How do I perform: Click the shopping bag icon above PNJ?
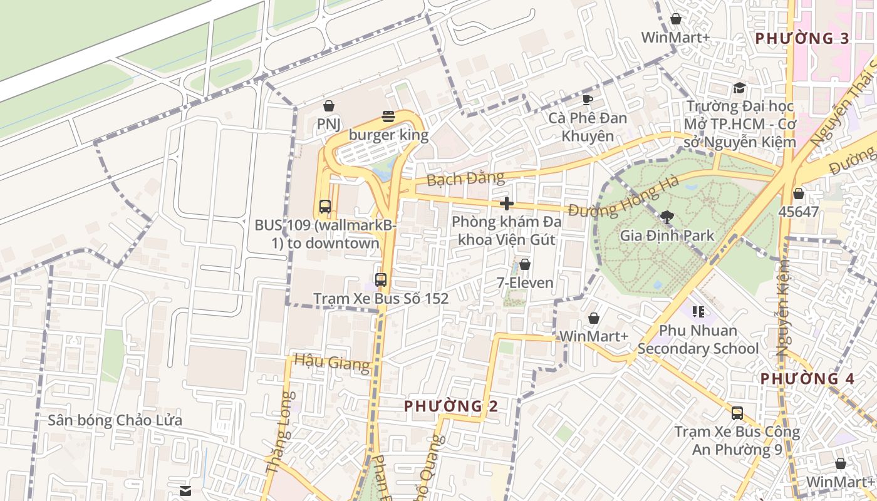click(x=328, y=106)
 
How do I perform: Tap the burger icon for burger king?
click(x=388, y=116)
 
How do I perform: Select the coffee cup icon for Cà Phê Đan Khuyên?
click(x=587, y=100)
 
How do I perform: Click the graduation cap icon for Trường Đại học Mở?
click(x=739, y=88)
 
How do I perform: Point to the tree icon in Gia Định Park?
click(x=667, y=217)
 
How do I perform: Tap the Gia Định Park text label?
click(x=667, y=236)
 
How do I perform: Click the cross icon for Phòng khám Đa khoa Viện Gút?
click(x=507, y=204)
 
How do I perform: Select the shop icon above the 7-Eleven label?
click(x=525, y=265)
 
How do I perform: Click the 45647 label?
click(x=798, y=212)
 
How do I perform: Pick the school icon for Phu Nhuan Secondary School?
click(x=698, y=311)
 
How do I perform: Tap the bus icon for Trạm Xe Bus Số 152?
click(x=381, y=280)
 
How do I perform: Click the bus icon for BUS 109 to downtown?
click(x=325, y=206)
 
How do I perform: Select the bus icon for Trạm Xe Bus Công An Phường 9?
click(x=737, y=413)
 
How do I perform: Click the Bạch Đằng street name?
click(x=465, y=178)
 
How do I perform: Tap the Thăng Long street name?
click(x=280, y=433)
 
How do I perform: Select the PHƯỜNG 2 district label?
click(x=451, y=406)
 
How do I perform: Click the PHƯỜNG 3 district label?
click(x=802, y=38)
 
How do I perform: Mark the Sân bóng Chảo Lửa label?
click(x=115, y=420)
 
